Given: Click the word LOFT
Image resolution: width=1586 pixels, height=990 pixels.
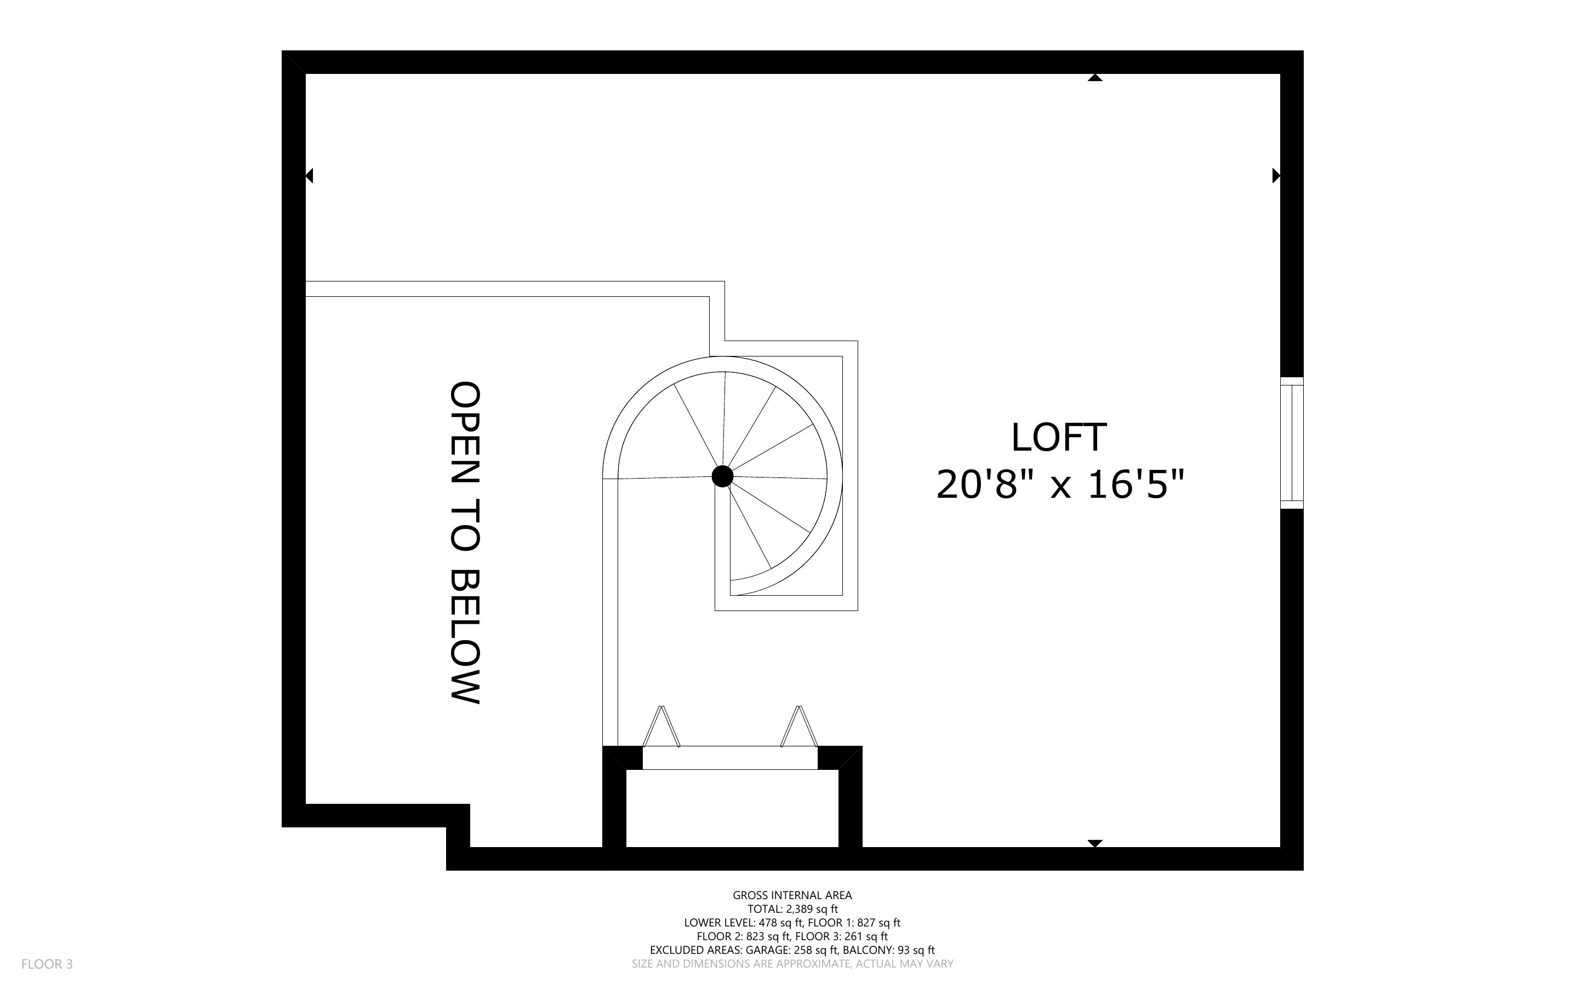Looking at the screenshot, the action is (1059, 438).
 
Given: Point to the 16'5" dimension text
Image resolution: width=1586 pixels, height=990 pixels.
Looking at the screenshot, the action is (1136, 485).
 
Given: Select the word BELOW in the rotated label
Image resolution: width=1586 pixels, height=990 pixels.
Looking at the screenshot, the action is (465, 636).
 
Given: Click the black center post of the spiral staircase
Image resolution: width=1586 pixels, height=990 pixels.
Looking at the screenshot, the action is (722, 476).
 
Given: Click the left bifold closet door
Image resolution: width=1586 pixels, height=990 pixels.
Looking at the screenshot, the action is (661, 726).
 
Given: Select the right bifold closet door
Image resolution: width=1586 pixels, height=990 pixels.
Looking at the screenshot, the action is (799, 726).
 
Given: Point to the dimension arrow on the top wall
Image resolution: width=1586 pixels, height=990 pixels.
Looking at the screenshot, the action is (1094, 78).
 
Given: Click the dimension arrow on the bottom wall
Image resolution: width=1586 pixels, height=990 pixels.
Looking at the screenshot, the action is (1094, 843).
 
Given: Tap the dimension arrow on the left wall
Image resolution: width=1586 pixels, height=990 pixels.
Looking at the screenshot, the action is (309, 175).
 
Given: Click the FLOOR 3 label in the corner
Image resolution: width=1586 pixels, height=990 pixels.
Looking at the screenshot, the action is (47, 964).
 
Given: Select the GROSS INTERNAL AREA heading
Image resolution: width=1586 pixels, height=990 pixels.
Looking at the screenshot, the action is (792, 895).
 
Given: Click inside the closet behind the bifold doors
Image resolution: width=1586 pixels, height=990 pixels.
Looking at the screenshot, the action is (732, 809).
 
